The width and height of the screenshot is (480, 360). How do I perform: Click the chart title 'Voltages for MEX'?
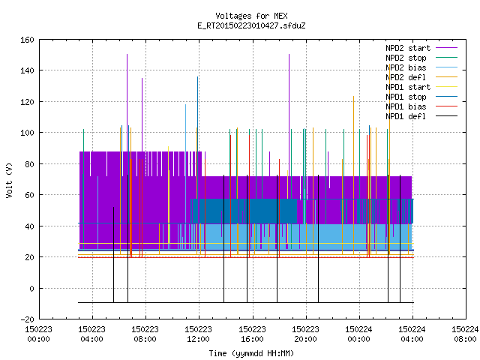pos(251,16)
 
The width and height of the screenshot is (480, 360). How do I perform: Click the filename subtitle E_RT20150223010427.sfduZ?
pos(251,25)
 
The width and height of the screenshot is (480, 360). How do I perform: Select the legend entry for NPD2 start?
pos(408,48)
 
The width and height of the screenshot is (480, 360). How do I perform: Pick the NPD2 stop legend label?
pos(406,58)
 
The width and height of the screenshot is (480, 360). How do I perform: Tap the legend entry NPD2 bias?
pos(406,67)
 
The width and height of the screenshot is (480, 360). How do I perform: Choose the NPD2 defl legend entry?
pos(406,77)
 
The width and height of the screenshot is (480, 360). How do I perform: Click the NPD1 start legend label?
pos(408,87)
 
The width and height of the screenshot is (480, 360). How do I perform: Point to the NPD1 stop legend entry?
pos(406,97)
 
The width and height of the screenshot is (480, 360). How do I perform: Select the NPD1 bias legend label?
pos(406,106)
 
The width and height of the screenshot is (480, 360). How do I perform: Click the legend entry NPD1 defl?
pos(406,117)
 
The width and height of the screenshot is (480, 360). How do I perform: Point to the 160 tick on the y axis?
pos(27,40)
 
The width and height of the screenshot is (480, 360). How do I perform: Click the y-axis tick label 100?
pos(27,133)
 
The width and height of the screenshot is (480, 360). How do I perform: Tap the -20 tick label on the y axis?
pos(27,319)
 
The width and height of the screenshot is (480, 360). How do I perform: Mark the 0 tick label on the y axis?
pos(31,288)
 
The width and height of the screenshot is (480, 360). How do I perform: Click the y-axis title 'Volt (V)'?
pos(9,180)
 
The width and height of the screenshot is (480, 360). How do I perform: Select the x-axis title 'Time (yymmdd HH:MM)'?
pos(251,353)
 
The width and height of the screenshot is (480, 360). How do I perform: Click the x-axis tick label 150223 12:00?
pos(198,334)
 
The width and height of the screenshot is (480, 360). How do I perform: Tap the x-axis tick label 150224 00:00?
pos(358,334)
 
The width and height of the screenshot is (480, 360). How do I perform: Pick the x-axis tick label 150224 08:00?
pos(465,334)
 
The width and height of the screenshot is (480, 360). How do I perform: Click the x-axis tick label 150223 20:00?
pos(305,334)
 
